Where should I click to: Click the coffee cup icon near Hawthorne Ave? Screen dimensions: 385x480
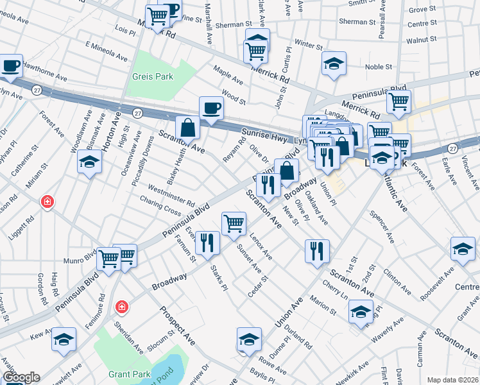click(11, 65)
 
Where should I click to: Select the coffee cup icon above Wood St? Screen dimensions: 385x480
click(210, 108)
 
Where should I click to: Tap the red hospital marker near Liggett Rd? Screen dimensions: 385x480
click(47, 203)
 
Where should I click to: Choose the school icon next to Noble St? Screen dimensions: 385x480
click(334, 64)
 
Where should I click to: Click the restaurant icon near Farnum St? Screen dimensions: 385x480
click(207, 243)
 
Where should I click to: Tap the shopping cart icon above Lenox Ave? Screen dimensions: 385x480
click(234, 223)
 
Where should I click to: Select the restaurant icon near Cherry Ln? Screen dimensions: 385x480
click(317, 251)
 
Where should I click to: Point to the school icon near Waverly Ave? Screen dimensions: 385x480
click(361, 312)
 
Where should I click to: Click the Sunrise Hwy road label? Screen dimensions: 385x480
click(263, 135)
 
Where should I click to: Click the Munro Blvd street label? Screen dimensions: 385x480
click(79, 261)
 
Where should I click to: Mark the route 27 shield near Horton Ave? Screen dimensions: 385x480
click(137, 113)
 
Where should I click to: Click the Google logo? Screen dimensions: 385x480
click(21, 377)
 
